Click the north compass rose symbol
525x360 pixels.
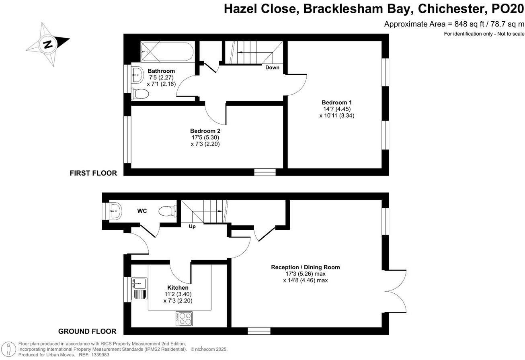pos(48,44)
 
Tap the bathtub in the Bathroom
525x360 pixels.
pos(167,52)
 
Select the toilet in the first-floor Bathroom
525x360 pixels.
pos(140,94)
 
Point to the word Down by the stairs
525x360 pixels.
pos(272,67)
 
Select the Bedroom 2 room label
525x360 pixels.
pos(205,131)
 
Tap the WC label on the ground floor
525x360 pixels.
pos(142,211)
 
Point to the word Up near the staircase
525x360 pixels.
pos(192,227)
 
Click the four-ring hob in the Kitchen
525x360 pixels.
pos(184,319)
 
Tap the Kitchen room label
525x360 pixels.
pos(178,288)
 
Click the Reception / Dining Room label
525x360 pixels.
pos(306,267)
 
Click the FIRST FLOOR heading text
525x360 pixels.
pos(93,173)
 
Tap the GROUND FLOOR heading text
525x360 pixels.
pos(87,331)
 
